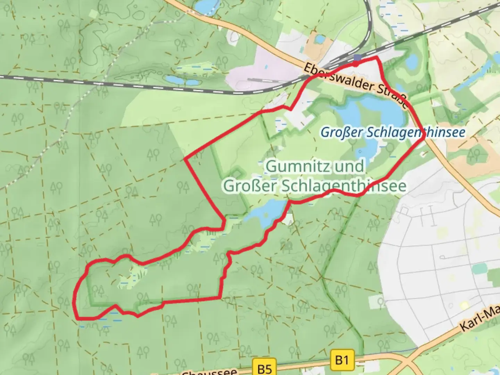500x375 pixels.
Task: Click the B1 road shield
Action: pos(342,360)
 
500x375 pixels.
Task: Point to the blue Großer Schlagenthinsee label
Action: pos(393,132)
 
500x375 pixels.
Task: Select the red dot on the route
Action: pos(356,64)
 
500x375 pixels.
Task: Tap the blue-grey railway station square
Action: pos(357,58)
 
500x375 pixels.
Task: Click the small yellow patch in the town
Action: pos(464,306)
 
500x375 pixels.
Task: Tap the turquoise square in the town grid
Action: pos(480,268)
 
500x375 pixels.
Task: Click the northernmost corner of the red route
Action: pos(377,57)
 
